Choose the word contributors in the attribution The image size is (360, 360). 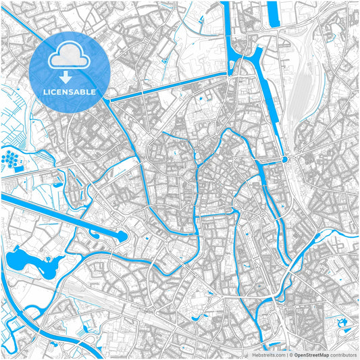[341, 354]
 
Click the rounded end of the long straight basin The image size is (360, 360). [123, 236]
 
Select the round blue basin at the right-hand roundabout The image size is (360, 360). [285, 159]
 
